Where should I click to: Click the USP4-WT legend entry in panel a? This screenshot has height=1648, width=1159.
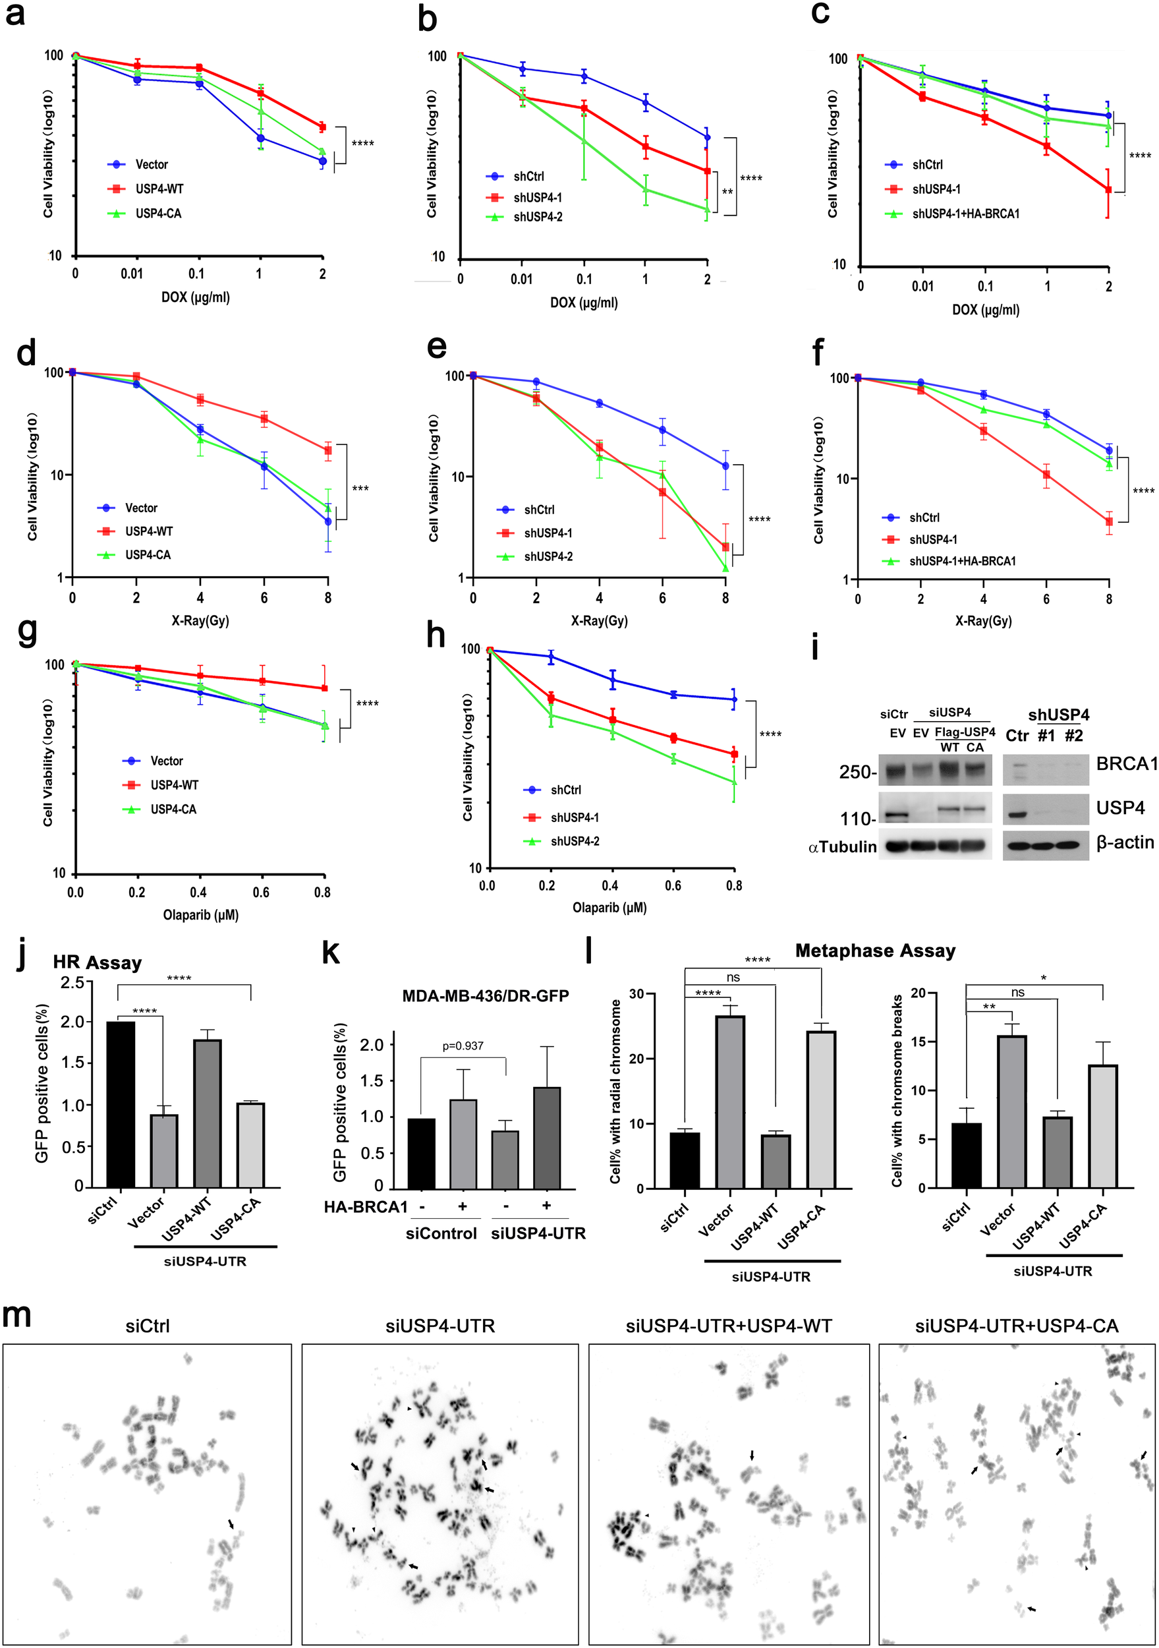(x=159, y=189)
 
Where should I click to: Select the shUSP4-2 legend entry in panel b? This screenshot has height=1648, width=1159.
(x=537, y=217)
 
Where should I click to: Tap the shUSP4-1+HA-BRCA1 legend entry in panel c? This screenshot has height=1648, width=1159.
(x=965, y=213)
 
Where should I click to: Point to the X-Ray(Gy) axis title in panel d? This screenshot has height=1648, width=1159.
(x=200, y=620)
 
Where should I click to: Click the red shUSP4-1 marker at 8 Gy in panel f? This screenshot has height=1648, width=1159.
(x=1109, y=522)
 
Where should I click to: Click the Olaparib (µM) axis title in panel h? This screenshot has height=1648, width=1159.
(x=609, y=907)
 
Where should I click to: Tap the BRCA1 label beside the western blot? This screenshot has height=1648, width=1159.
(x=1126, y=764)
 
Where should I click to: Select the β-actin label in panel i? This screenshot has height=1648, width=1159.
(x=1125, y=842)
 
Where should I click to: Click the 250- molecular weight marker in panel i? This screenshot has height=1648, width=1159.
(x=857, y=773)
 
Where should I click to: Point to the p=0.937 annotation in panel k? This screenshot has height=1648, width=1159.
(x=463, y=1045)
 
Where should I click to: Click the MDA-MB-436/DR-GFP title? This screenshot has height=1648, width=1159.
(x=485, y=995)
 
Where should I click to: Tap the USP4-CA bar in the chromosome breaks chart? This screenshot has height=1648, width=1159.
(x=1102, y=1125)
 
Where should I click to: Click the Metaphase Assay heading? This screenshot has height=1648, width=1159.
(x=875, y=951)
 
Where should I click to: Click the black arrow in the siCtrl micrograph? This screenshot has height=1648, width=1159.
(x=231, y=1524)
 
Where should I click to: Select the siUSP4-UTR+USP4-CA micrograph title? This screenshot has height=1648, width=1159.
(x=1016, y=1326)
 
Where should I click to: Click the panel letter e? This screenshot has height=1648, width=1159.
(x=436, y=347)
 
